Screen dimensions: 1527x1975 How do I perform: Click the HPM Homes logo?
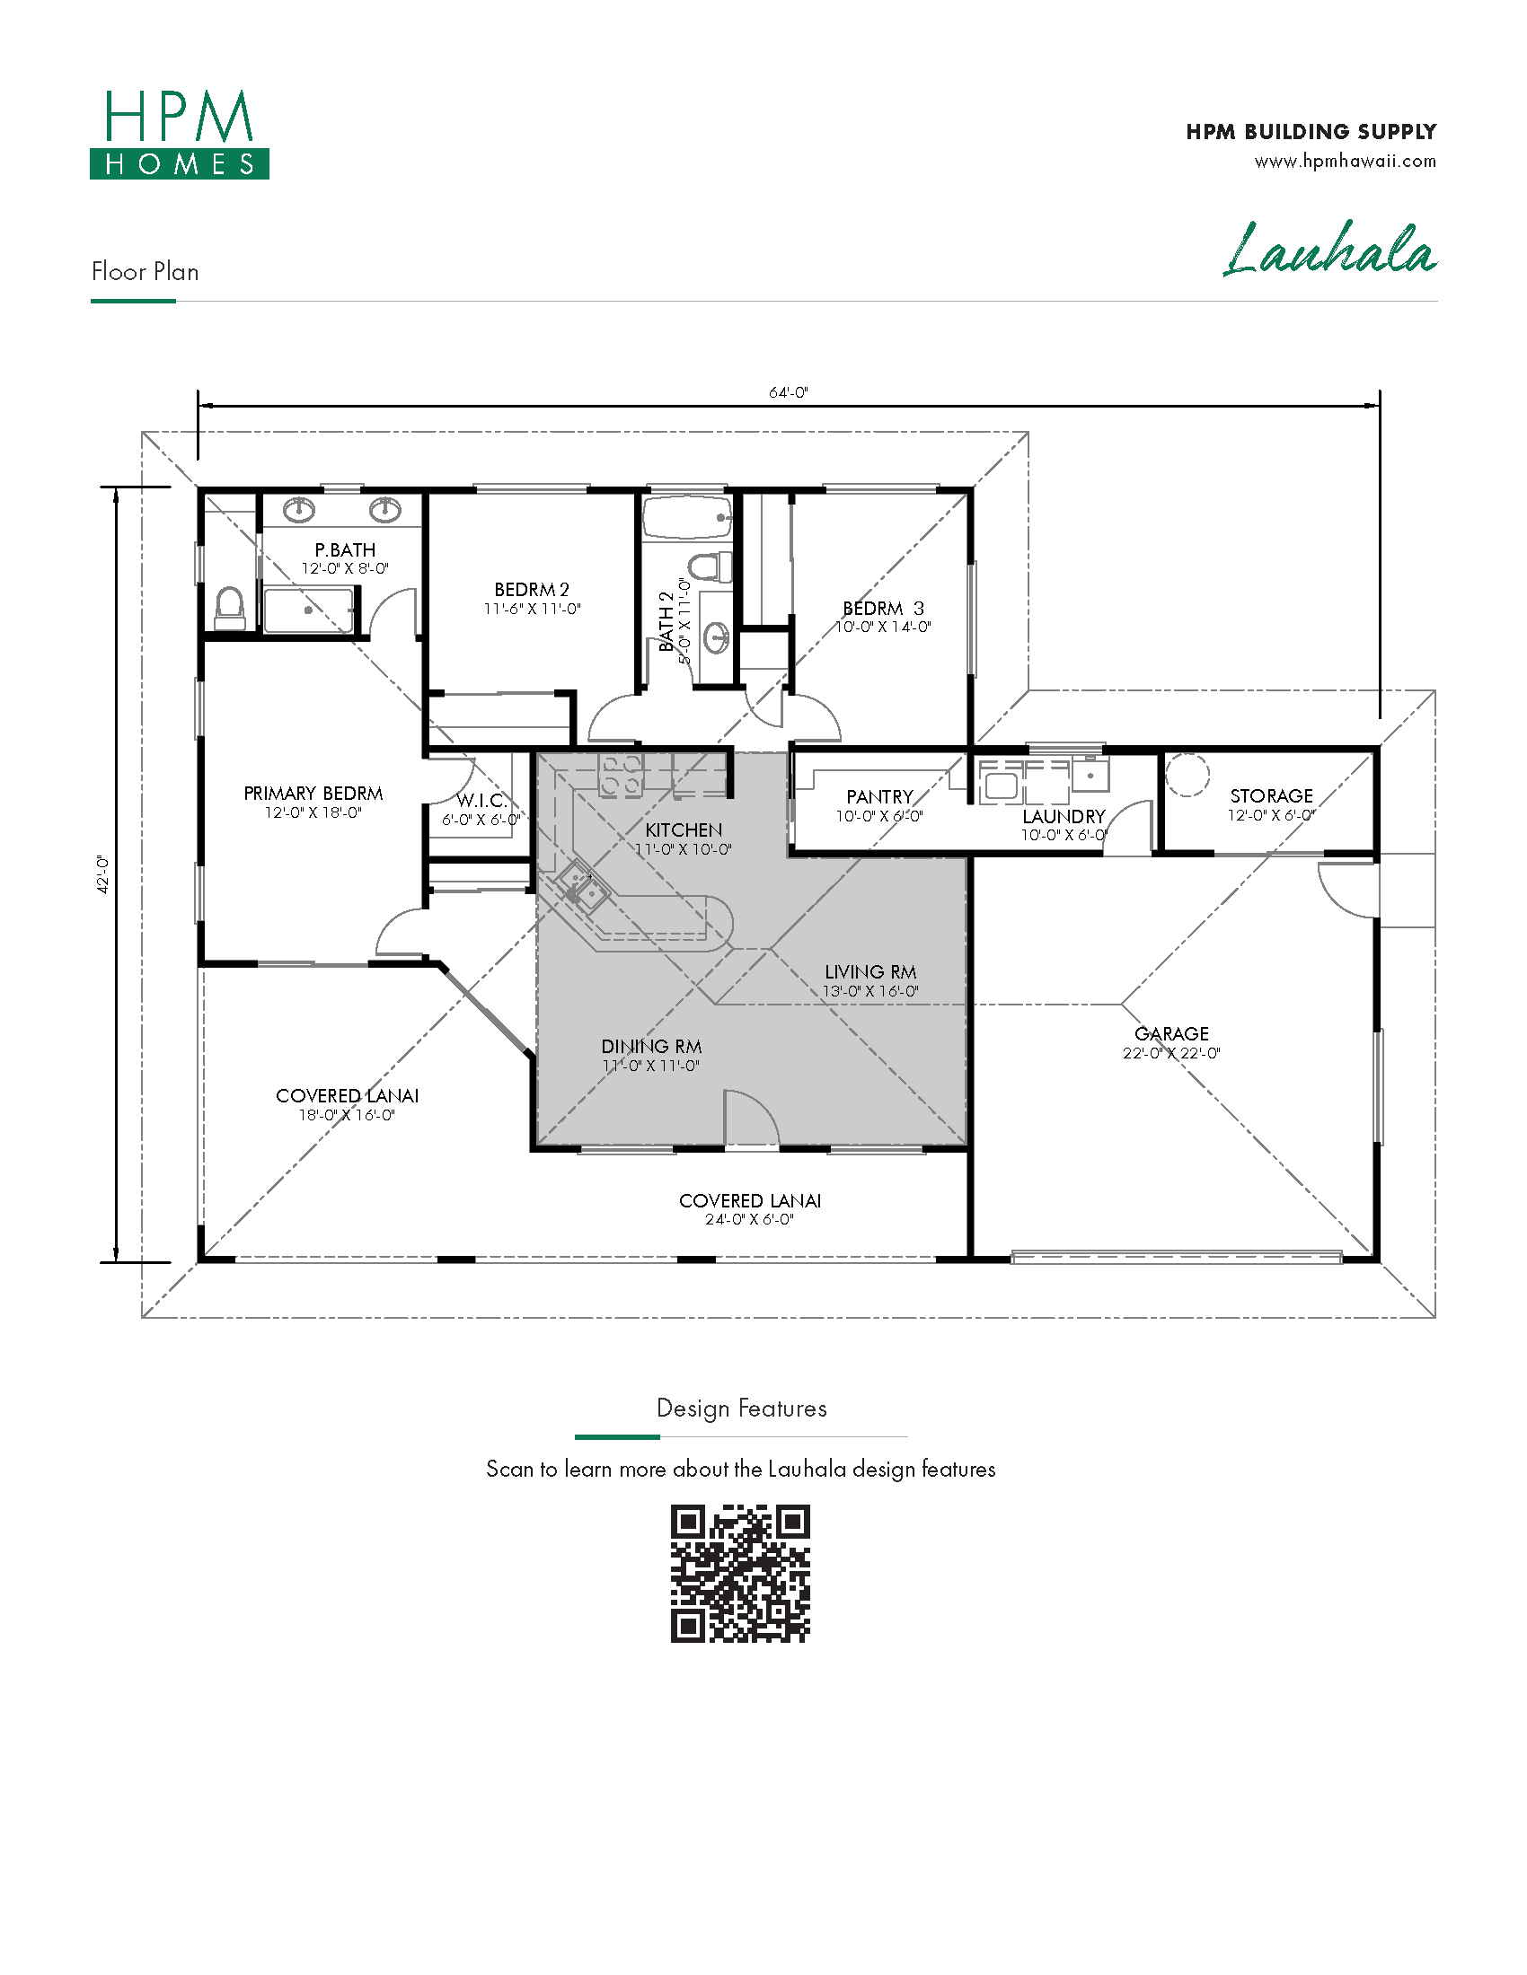pyautogui.click(x=179, y=134)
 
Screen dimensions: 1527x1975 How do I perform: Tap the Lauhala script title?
pyautogui.click(x=1329, y=249)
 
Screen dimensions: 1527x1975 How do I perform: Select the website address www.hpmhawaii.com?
pyautogui.click(x=1346, y=161)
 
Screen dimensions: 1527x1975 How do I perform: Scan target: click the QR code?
pyautogui.click(x=740, y=1574)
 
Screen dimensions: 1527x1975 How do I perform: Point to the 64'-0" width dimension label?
pyautogui.click(x=788, y=392)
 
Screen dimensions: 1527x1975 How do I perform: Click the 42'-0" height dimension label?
pyautogui.click(x=102, y=874)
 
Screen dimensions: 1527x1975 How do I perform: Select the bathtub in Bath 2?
pyautogui.click(x=686, y=517)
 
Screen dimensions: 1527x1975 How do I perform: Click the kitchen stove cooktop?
pyautogui.click(x=622, y=776)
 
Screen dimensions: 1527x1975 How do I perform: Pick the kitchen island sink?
pyautogui.click(x=582, y=887)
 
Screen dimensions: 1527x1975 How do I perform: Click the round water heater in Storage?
pyautogui.click(x=1187, y=775)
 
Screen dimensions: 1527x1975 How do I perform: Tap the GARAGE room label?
pyautogui.click(x=1171, y=1033)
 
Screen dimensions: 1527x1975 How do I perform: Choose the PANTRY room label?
pyautogui.click(x=879, y=796)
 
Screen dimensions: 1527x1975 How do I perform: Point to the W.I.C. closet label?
pyautogui.click(x=481, y=800)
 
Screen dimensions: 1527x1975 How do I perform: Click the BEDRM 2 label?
pyautogui.click(x=532, y=590)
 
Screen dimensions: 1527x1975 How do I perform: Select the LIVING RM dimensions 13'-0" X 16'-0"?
pyautogui.click(x=870, y=991)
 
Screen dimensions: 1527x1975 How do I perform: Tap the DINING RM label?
pyautogui.click(x=651, y=1046)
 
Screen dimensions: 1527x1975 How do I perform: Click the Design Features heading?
pyautogui.click(x=742, y=1408)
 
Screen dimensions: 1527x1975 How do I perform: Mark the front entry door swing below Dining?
pyautogui.click(x=751, y=1119)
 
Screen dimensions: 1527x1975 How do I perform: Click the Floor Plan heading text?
pyautogui.click(x=145, y=271)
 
